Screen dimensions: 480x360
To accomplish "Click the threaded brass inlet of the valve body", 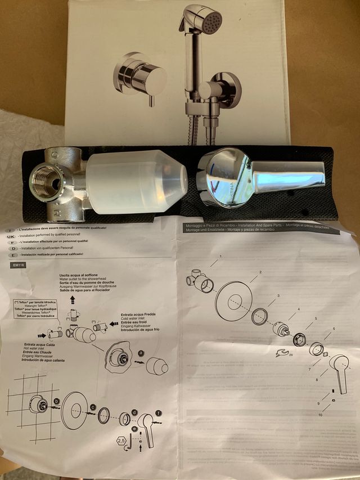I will coord(48,179).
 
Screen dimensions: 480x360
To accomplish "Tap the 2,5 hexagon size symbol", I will coord(121,441).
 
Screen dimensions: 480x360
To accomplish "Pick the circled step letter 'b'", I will coord(56,401).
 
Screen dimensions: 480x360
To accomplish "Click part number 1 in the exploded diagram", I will coord(220,256).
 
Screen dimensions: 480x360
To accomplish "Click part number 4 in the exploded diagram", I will coord(298,309).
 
